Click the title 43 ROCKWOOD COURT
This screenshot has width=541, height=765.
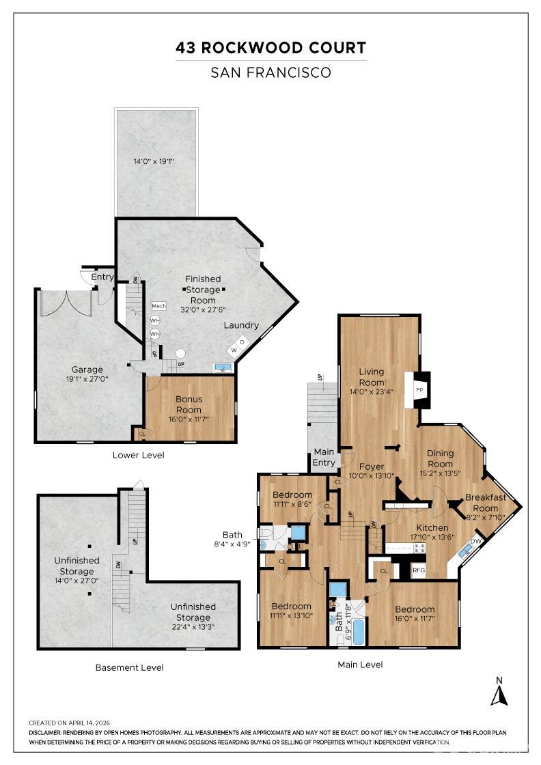(270, 48)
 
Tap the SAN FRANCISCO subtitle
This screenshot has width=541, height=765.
(270, 72)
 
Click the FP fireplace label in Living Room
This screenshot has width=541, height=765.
(420, 389)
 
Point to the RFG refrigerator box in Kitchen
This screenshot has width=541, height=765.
(418, 569)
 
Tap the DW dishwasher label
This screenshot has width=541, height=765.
(476, 541)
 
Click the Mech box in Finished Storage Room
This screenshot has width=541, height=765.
(158, 306)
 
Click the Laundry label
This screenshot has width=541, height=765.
(241, 325)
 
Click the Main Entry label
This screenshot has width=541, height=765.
(324, 457)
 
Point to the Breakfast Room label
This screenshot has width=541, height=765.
(486, 502)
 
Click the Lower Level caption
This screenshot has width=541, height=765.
(139, 455)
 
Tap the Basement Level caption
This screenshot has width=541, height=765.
(129, 667)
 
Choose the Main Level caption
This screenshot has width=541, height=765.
(360, 665)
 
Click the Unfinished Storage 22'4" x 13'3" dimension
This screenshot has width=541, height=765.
(193, 626)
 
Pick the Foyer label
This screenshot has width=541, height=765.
(372, 467)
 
